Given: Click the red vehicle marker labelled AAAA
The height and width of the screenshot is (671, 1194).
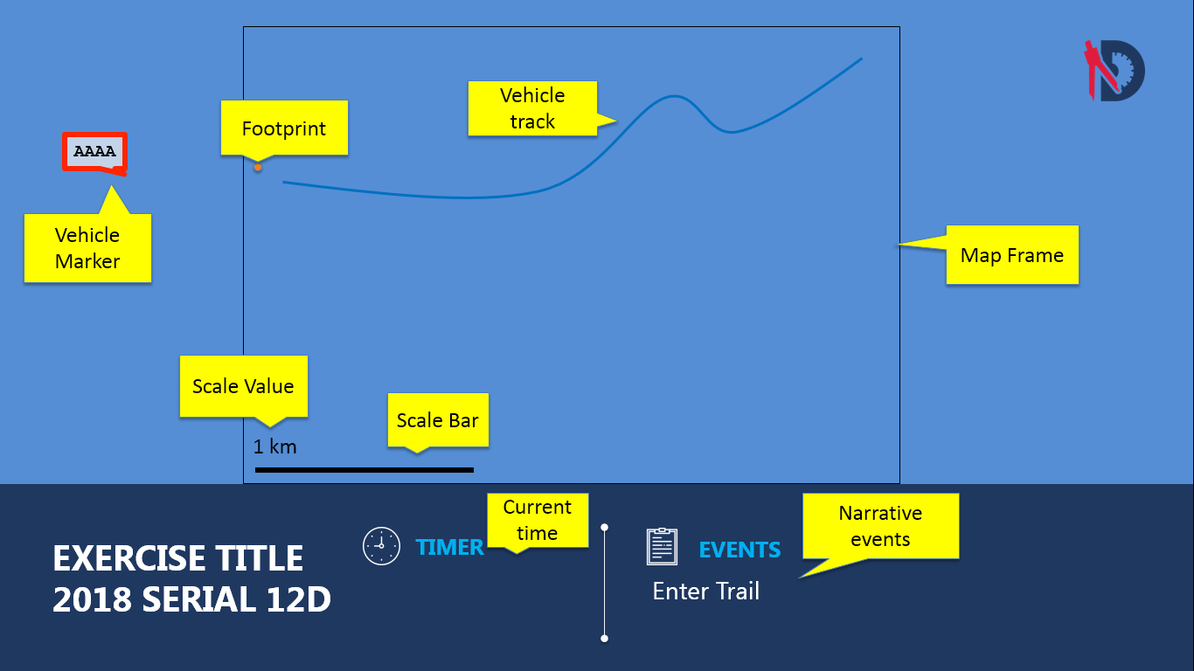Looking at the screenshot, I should click(x=95, y=152).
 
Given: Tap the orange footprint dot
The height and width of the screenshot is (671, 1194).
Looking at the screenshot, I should click(x=258, y=167).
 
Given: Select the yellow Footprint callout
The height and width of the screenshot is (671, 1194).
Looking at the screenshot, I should click(x=284, y=128).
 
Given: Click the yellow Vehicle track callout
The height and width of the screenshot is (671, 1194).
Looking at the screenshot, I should click(x=532, y=108).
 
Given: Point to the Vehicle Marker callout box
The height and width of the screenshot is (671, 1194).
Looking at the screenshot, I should click(x=87, y=248).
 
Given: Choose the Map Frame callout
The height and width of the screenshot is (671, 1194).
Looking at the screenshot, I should click(x=1012, y=255).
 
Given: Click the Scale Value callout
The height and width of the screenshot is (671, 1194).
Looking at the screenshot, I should click(x=243, y=386).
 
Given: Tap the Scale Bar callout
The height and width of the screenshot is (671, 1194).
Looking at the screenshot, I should click(x=438, y=420).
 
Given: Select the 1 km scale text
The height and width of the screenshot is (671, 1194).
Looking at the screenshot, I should click(x=275, y=447).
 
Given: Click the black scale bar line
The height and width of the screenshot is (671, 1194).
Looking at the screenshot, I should click(x=364, y=470).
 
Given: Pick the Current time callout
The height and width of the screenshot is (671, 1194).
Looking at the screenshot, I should click(x=537, y=520).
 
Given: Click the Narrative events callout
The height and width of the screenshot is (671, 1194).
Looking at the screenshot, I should click(x=880, y=526).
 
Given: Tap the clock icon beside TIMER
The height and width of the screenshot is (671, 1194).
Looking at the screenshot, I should click(x=381, y=546).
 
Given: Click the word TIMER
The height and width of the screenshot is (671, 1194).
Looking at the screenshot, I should click(x=449, y=547).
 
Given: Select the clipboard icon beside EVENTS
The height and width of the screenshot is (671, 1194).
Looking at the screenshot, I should click(x=662, y=546).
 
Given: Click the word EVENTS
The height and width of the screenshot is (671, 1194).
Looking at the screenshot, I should click(x=739, y=550).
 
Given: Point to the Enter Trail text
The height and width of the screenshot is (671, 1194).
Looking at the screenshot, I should click(x=706, y=591).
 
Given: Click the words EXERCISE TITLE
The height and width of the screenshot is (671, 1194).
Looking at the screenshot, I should click(x=178, y=558).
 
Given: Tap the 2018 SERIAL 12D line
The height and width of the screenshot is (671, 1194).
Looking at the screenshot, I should click(x=191, y=600).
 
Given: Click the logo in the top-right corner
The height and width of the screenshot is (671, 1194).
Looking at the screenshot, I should click(x=1114, y=70).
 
